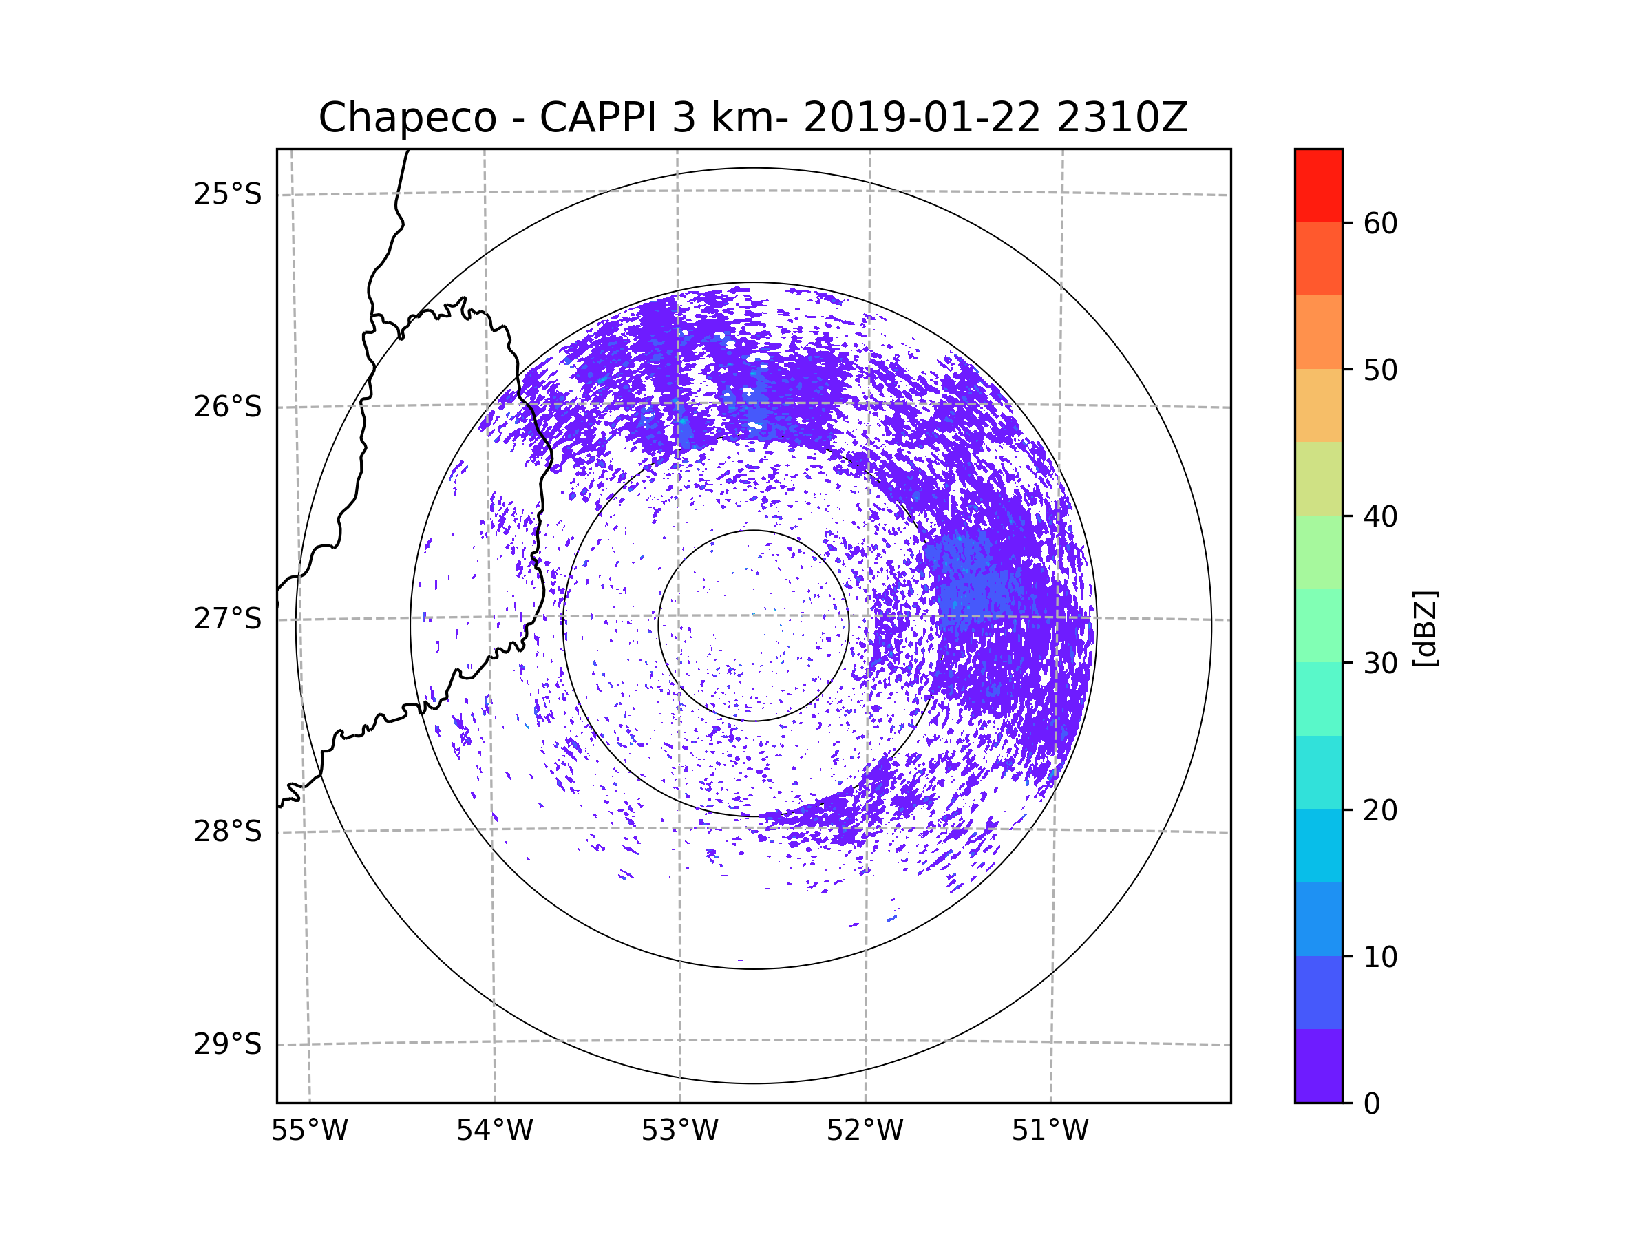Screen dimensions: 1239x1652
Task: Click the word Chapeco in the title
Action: [407, 118]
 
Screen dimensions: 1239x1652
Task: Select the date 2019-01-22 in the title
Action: [922, 118]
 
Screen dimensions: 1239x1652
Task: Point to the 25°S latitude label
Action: [228, 194]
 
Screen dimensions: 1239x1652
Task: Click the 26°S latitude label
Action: [228, 407]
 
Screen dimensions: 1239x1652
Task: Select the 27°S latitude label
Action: [228, 619]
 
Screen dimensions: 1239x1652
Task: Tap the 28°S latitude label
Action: [228, 832]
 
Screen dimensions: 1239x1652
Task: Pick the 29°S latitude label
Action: [228, 1044]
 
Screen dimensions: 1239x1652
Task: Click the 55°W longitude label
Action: [309, 1131]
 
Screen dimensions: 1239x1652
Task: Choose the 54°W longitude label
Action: [494, 1131]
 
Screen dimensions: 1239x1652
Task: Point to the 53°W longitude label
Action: [679, 1131]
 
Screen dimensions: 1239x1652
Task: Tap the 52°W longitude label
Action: [865, 1131]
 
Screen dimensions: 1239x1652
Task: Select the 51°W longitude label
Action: [1050, 1131]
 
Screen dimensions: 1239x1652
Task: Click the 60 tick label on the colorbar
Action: [1380, 223]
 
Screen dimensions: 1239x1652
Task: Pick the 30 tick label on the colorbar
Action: [1380, 663]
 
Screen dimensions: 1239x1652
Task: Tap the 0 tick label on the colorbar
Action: [1372, 1104]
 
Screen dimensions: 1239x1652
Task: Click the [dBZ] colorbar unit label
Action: [1425, 628]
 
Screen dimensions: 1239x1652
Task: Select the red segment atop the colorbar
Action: [1318, 186]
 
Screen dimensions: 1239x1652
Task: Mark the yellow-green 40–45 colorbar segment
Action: [1318, 478]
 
